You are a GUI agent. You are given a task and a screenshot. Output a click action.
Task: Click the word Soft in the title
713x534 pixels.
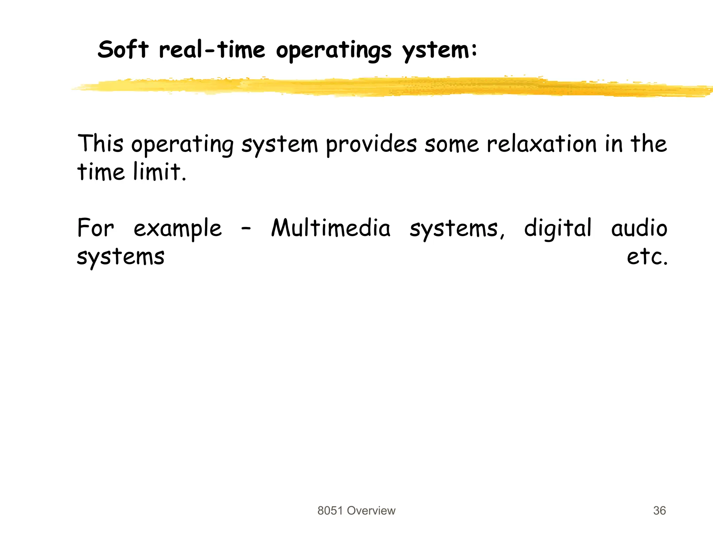[123, 50]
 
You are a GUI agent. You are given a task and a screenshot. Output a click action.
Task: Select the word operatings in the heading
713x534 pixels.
[334, 51]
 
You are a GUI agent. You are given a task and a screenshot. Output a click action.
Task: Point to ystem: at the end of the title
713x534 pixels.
[439, 51]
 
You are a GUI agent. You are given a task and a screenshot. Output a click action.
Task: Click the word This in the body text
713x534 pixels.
[100, 144]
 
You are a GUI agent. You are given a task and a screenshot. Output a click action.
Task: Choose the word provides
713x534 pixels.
[371, 145]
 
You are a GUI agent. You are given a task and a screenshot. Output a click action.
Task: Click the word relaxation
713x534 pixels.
[542, 144]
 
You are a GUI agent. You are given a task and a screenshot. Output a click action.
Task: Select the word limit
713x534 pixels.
[160, 172]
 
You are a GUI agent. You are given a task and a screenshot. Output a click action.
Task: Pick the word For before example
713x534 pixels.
[95, 228]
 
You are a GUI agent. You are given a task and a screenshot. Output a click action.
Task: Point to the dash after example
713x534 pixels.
[246, 230]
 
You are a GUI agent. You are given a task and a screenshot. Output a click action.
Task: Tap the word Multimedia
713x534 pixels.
[331, 228]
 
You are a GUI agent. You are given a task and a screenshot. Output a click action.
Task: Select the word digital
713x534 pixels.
[557, 229]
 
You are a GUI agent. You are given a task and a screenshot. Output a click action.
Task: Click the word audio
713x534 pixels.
[639, 228]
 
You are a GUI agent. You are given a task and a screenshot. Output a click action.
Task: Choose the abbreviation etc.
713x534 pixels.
[647, 257]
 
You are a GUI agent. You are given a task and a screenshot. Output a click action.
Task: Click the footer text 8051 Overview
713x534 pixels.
[356, 511]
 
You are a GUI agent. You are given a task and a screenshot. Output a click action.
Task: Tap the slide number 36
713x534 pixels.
[659, 511]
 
